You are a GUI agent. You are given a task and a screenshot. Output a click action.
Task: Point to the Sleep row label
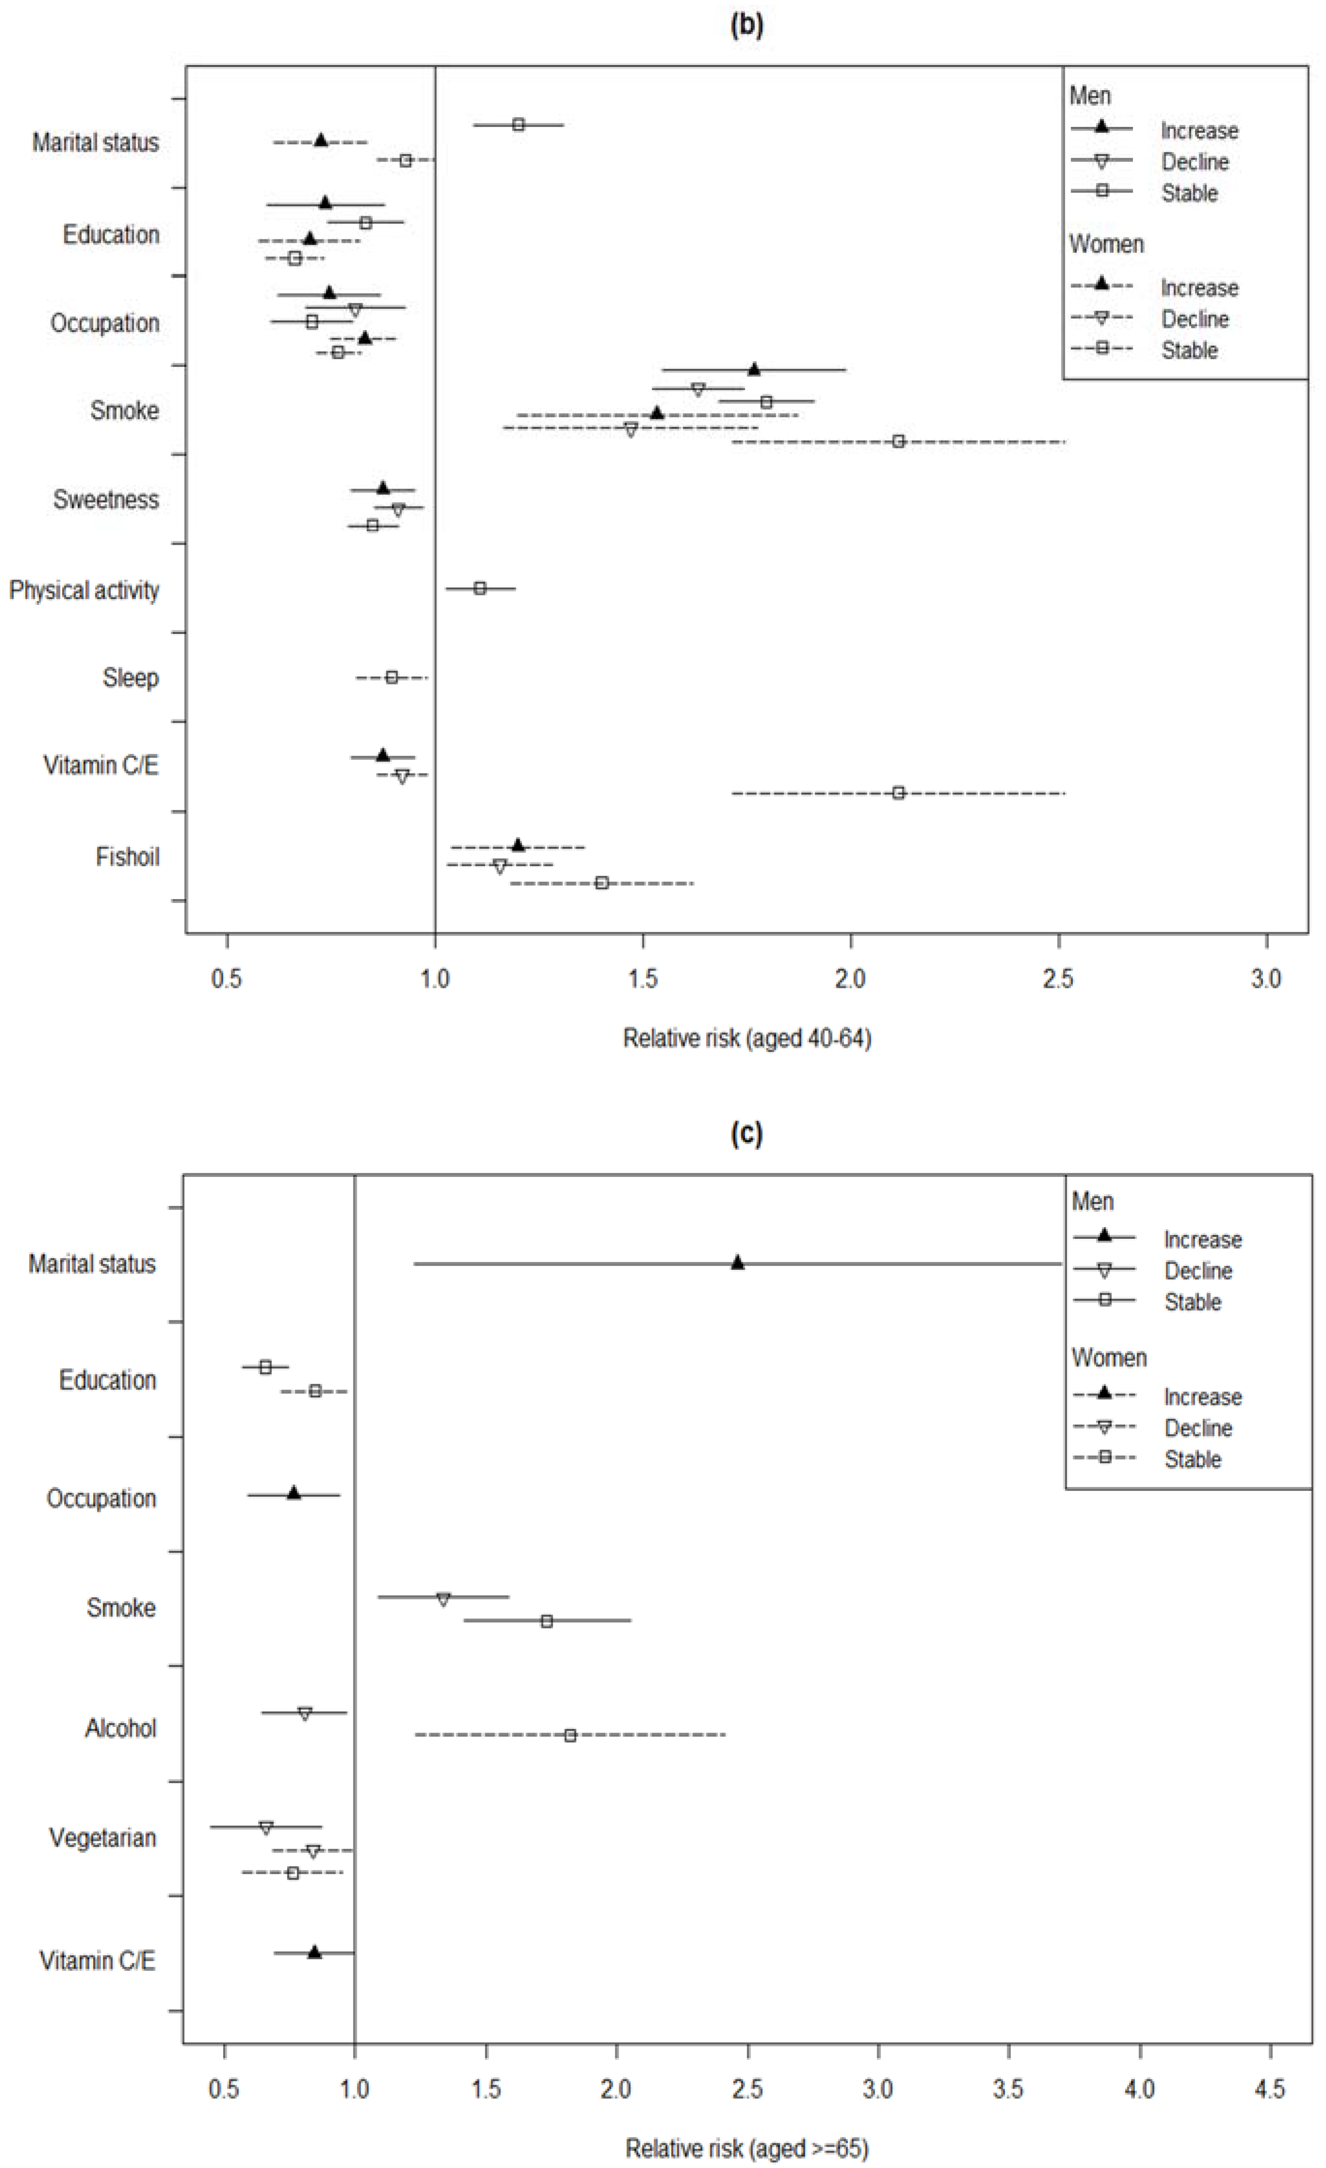tap(130, 678)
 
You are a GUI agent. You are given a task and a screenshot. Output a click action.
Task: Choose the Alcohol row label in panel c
tap(121, 1728)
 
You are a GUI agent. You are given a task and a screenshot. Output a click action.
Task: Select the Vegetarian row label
tap(102, 1838)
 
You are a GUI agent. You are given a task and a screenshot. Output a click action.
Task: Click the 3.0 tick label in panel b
tap(1266, 979)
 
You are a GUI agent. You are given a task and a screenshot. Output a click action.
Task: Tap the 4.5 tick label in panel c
tap(1270, 2089)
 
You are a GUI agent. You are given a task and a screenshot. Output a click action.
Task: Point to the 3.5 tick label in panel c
tap(1008, 2089)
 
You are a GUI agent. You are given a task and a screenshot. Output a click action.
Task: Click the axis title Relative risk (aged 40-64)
tap(747, 1039)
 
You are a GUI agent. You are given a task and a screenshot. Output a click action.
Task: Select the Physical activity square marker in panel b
tap(479, 588)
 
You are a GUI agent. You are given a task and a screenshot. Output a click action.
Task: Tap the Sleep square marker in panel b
tap(392, 678)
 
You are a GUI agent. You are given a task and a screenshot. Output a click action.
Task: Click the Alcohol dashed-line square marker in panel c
tap(570, 1735)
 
